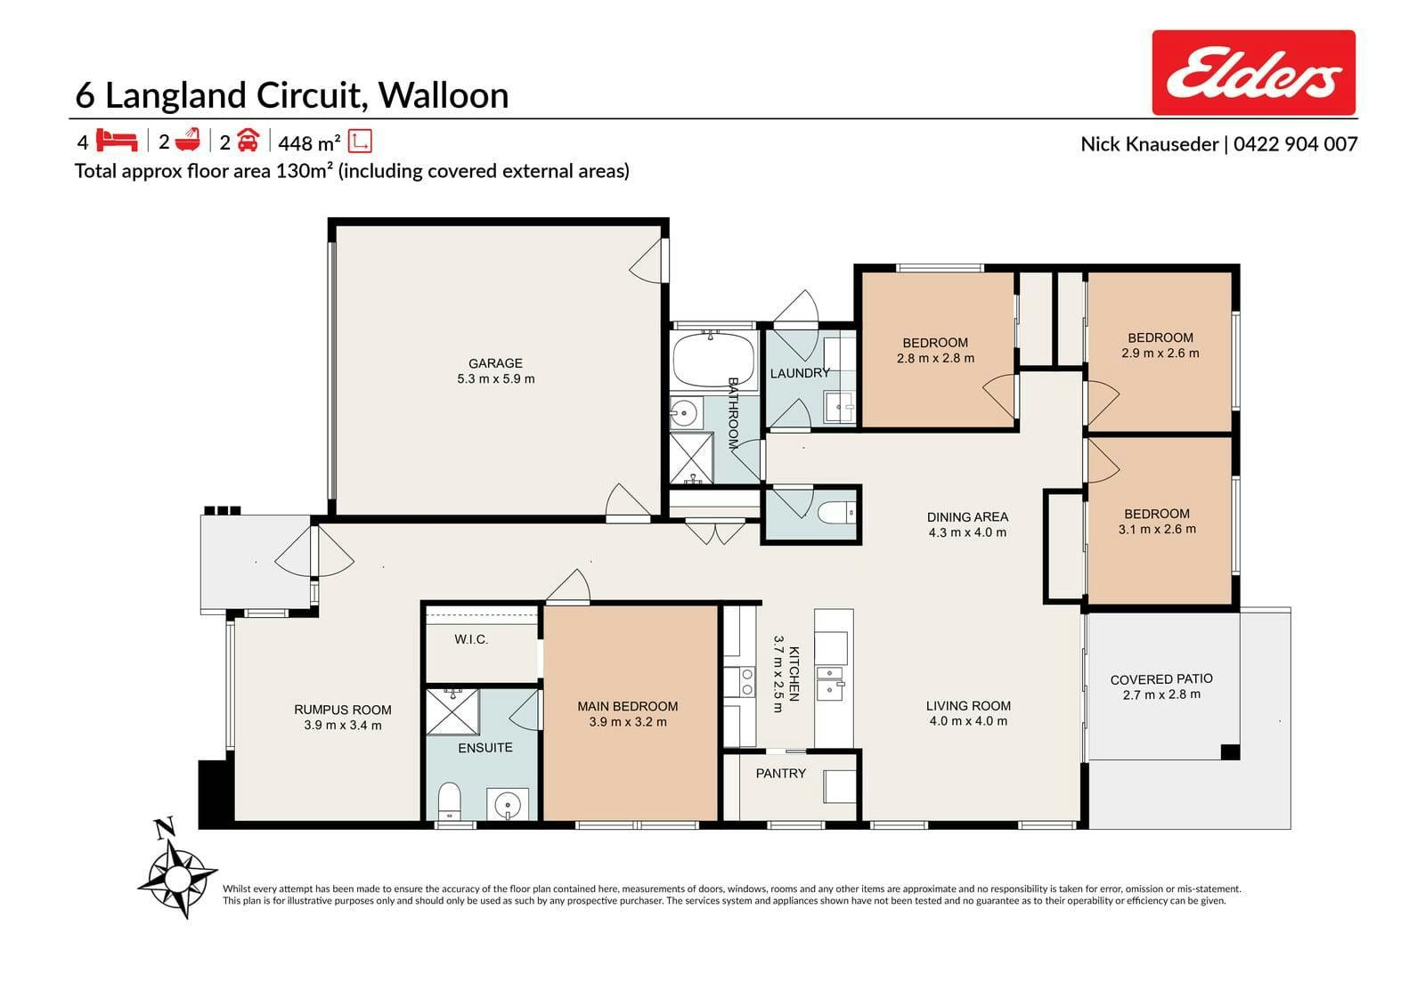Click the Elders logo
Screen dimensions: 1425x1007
click(1253, 72)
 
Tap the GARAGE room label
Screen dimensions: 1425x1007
click(495, 363)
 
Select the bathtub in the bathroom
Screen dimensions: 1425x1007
click(713, 360)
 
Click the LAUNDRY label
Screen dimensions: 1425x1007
click(800, 373)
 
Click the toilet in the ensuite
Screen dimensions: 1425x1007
click(450, 801)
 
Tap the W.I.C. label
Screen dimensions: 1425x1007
click(471, 639)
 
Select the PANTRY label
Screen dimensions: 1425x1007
click(780, 774)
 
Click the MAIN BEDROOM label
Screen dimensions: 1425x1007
click(628, 706)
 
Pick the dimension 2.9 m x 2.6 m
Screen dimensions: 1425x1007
click(1160, 353)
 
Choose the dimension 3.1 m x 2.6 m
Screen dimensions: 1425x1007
click(1157, 529)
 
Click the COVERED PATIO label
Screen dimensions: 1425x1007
click(1161, 679)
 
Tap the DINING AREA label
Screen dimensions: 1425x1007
click(967, 517)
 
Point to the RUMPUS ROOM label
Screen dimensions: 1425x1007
click(343, 710)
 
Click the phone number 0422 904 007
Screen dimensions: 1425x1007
click(1296, 144)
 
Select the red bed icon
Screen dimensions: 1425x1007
click(117, 141)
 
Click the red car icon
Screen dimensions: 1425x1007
click(248, 140)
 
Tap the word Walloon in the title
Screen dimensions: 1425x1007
click(444, 95)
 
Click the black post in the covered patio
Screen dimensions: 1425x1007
click(1230, 751)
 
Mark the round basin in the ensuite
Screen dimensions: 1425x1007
click(507, 806)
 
